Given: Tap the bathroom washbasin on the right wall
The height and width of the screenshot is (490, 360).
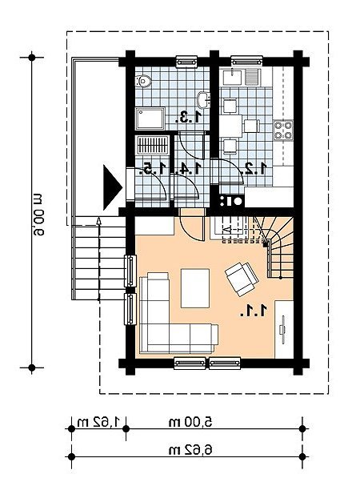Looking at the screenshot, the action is pyautogui.click(x=203, y=100).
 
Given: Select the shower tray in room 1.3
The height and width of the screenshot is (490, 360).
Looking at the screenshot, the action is pyautogui.click(x=150, y=118).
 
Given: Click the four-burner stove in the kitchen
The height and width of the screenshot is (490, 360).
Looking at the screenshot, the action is pyautogui.click(x=283, y=130).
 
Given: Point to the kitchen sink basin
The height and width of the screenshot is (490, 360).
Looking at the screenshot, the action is pyautogui.click(x=232, y=77).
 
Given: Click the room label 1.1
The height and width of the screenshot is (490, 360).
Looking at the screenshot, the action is pyautogui.click(x=254, y=311).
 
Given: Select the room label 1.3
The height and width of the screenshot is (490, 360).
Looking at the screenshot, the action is pyautogui.click(x=188, y=118).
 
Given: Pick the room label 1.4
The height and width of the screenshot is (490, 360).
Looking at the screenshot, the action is pyautogui.click(x=188, y=169).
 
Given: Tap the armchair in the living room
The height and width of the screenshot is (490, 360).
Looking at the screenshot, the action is pyautogui.click(x=242, y=279).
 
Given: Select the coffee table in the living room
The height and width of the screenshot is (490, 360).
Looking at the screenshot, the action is pyautogui.click(x=195, y=288).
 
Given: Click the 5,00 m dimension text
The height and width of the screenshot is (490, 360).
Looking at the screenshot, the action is pyautogui.click(x=190, y=422).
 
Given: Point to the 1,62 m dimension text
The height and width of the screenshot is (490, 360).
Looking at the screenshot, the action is pyautogui.click(x=98, y=422).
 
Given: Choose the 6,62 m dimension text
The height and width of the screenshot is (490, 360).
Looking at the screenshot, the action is pyautogui.click(x=190, y=450).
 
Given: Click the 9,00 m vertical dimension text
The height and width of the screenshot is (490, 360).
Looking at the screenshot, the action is pyautogui.click(x=37, y=215).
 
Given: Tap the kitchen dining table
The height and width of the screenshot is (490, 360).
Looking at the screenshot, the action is pyautogui.click(x=230, y=127).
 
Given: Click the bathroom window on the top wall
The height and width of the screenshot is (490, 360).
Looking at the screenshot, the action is pyautogui.click(x=186, y=62).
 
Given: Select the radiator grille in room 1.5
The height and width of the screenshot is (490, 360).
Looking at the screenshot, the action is pyautogui.click(x=152, y=145).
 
